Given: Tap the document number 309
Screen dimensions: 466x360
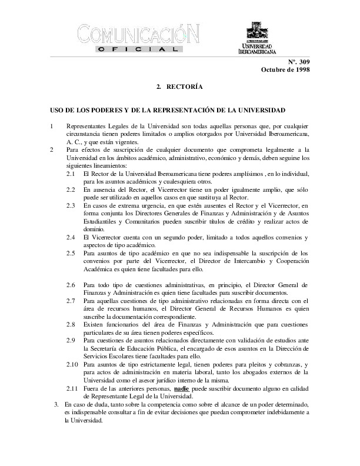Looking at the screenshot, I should (303, 61).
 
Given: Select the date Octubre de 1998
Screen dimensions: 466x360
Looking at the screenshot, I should (285, 70).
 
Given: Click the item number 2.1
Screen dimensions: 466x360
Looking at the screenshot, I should (70, 175).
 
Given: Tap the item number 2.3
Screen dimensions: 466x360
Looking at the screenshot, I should (70, 205).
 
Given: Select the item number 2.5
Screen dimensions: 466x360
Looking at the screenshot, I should (70, 252).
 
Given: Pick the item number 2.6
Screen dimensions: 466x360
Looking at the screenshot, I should (70, 285).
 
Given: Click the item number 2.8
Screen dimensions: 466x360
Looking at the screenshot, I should (70, 324).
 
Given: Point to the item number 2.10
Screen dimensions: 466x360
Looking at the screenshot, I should (72, 364).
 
